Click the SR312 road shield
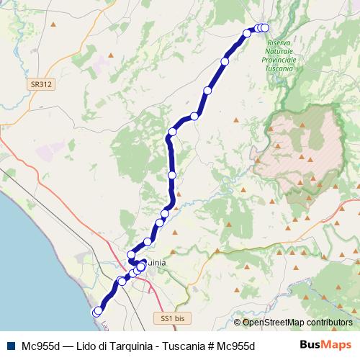pyautogui.click(x=40, y=84)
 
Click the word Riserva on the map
pyautogui.click(x=279, y=45)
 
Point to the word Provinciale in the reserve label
pyautogui.click(x=279, y=60)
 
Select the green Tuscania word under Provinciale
pyautogui.click(x=279, y=68)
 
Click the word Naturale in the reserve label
pyautogui.click(x=279, y=53)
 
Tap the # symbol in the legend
pyautogui.click(x=210, y=346)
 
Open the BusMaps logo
pyautogui.click(x=326, y=345)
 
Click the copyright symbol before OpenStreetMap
pyautogui.click(x=237, y=323)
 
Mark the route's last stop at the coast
pyautogui.click(x=97, y=312)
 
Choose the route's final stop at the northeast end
pyautogui.click(x=264, y=28)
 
